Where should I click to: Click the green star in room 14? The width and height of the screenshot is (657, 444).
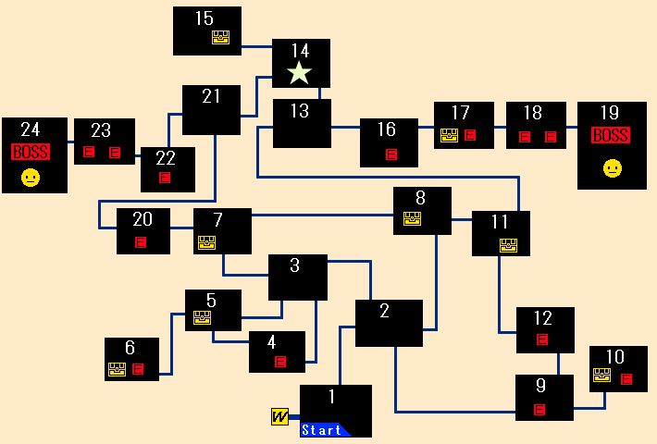tap(300, 73)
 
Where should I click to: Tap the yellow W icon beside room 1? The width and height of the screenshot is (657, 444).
tap(279, 417)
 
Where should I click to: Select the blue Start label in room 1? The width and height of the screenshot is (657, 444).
tap(324, 430)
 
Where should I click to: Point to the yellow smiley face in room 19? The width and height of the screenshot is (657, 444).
tap(612, 168)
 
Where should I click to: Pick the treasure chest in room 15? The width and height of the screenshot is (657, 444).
tap(220, 38)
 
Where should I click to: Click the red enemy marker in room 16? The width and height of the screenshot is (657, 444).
tap(391, 154)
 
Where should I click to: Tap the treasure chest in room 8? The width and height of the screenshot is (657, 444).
tap(412, 219)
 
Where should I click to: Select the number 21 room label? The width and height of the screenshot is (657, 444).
tap(211, 96)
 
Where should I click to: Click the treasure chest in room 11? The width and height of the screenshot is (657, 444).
tap(508, 245)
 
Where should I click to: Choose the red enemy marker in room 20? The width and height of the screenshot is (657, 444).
tap(141, 242)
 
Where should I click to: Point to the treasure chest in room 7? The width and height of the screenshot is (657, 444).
tap(206, 242)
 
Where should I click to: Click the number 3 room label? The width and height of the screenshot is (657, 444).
tap(294, 265)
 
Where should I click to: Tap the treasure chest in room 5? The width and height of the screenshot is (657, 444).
tap(202, 318)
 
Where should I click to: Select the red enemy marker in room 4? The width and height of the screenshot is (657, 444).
tap(280, 362)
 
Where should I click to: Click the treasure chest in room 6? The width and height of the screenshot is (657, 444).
tap(117, 370)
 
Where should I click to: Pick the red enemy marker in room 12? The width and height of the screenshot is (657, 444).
tap(542, 339)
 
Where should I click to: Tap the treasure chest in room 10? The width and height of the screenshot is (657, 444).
tap(601, 376)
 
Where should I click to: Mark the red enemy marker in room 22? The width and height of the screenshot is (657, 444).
tap(165, 178)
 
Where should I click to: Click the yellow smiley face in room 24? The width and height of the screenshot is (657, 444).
tap(31, 178)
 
